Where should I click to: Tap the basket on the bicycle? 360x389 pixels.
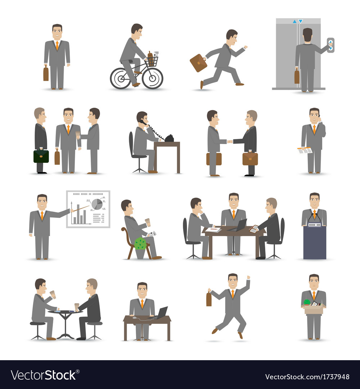point(152,61)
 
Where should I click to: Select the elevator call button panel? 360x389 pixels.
point(330,45)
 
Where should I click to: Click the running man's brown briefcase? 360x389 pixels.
point(198,63)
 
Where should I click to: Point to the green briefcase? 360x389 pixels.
point(41,156)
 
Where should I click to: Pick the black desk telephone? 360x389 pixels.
point(169,138)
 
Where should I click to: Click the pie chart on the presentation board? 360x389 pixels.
point(97,204)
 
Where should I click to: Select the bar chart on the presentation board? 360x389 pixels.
point(79,216)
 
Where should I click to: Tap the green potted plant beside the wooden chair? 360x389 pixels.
point(140,244)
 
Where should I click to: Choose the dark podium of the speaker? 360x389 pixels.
point(315,242)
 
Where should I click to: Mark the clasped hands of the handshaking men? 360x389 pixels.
point(230,142)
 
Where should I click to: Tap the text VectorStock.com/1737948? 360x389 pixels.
point(307,377)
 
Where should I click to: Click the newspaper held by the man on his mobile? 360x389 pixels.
point(305,150)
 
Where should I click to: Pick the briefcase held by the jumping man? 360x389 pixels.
point(209,299)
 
